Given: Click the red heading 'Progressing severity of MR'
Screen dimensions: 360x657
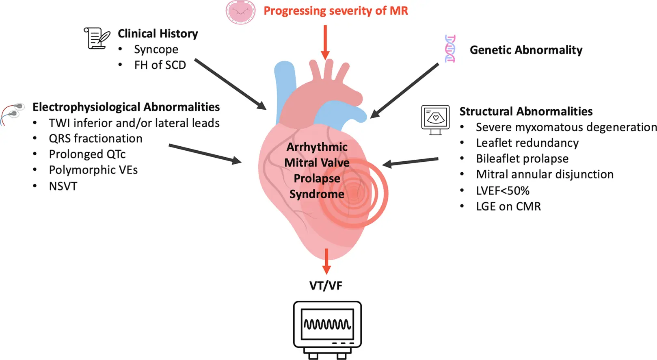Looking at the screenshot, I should (x=335, y=11).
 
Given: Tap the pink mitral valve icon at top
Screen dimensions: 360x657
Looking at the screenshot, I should (x=240, y=12).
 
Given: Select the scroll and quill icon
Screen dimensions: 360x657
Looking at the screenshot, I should (x=97, y=38).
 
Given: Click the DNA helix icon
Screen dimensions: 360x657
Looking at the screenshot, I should (x=450, y=49).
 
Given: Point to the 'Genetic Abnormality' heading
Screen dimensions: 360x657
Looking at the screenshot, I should (x=526, y=50).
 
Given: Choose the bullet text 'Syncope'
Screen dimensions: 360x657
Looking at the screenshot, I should (x=156, y=50).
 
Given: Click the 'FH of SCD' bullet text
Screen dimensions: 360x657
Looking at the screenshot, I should (x=160, y=65).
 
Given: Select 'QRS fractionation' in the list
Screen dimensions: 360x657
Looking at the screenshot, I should (x=95, y=139).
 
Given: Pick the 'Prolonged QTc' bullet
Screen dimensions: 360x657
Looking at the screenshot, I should (x=87, y=154).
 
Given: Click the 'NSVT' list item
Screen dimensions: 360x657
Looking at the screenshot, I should (x=63, y=186).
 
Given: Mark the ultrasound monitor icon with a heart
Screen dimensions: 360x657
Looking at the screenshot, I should (x=435, y=119).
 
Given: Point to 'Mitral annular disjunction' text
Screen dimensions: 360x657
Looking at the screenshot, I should (x=545, y=174).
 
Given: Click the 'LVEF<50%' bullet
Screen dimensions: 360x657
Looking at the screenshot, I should (x=503, y=191).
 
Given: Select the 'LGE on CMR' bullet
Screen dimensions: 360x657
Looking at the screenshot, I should (x=508, y=206).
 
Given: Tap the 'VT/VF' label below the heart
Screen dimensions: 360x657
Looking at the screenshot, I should (x=326, y=286).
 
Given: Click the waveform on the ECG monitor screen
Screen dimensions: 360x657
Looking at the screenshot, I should (x=327, y=324).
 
